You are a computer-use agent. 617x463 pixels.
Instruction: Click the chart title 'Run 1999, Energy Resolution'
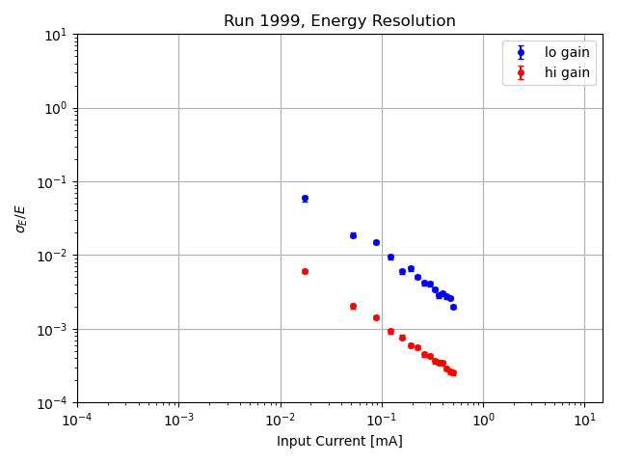coord(339,21)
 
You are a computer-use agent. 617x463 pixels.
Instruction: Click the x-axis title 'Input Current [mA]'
coord(339,441)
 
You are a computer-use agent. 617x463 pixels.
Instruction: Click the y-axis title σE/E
coord(21,218)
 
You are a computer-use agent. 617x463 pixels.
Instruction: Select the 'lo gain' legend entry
coord(567,53)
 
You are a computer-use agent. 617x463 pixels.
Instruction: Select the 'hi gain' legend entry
coord(567,72)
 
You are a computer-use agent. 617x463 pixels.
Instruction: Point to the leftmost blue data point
coord(305,199)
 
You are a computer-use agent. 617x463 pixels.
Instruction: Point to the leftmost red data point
coord(305,271)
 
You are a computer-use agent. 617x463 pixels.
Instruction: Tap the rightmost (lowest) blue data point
coord(453,307)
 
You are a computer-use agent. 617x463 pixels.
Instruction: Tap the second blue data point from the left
coord(353,235)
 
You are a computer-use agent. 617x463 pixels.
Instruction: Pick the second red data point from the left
coord(353,306)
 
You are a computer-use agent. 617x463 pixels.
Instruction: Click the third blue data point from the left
coord(376,242)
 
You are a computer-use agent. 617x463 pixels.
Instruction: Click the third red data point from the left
coord(376,317)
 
